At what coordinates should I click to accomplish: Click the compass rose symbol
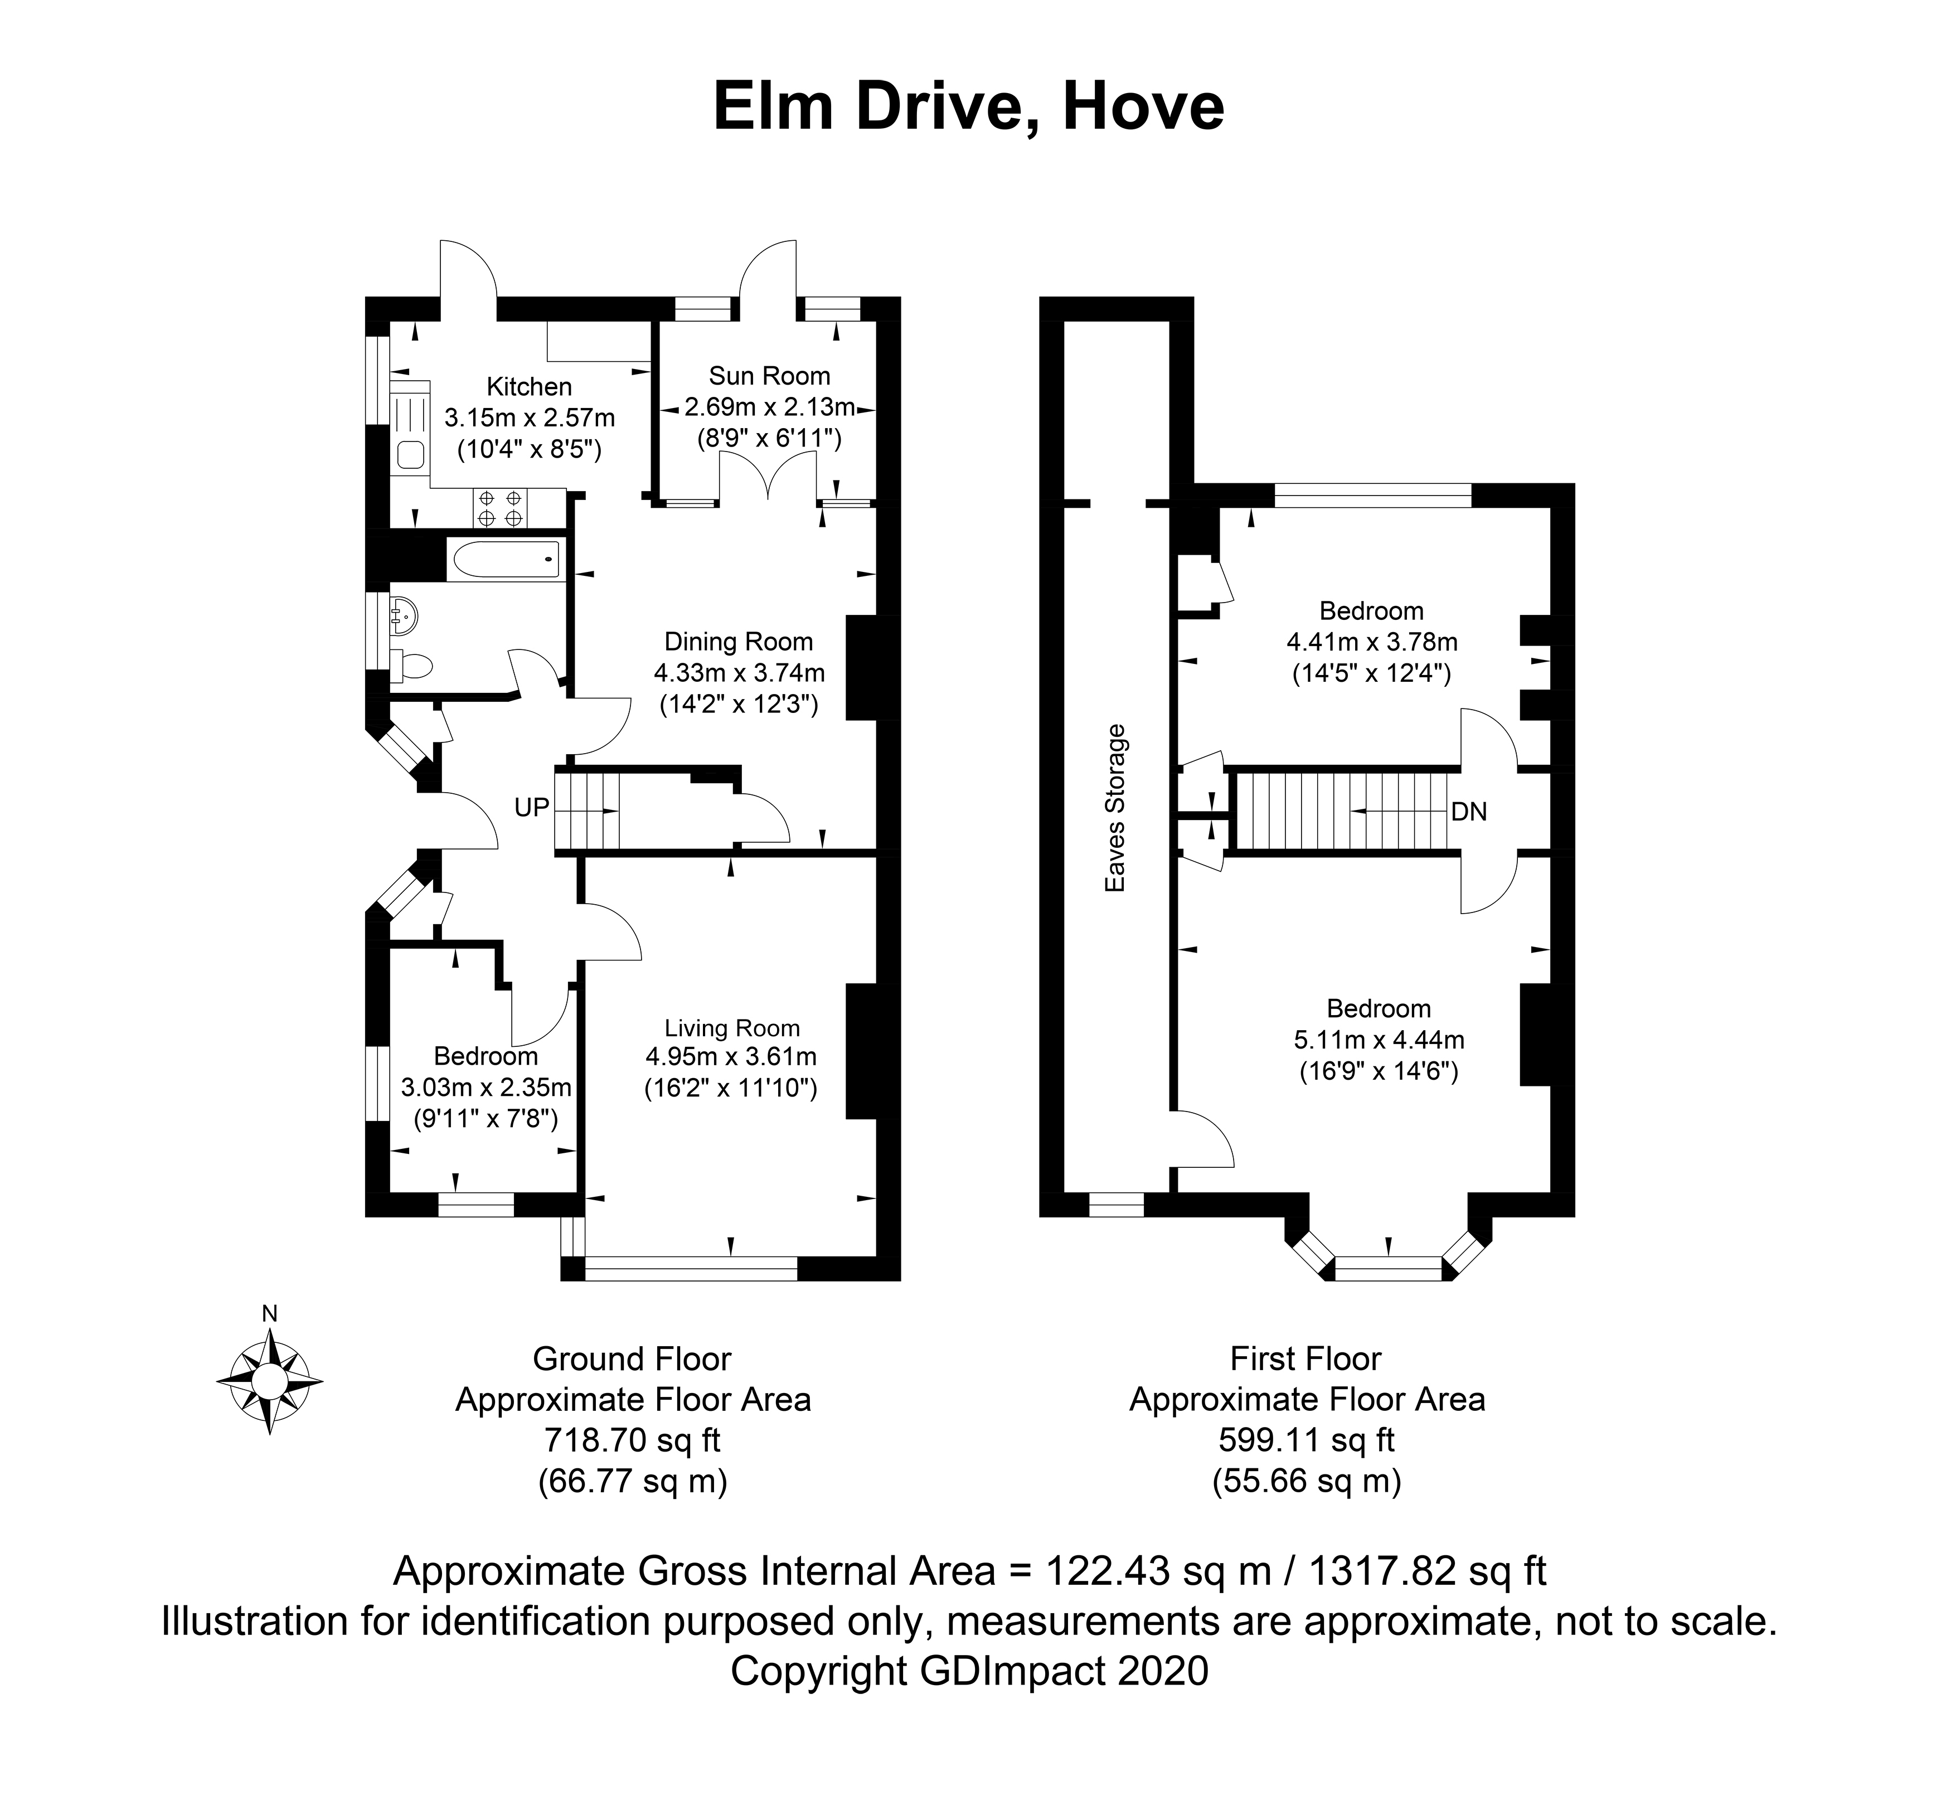(269, 1380)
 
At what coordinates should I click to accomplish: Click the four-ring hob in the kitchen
(501, 507)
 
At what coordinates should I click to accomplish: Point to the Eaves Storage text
(1115, 808)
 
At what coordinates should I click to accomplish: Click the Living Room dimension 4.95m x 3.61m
(731, 1057)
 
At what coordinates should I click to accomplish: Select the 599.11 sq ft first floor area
(1307, 1440)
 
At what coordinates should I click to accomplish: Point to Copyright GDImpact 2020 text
(969, 1671)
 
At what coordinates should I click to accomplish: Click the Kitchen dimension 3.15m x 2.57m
(530, 418)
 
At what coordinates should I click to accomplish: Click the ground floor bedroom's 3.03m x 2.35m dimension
(486, 1087)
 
